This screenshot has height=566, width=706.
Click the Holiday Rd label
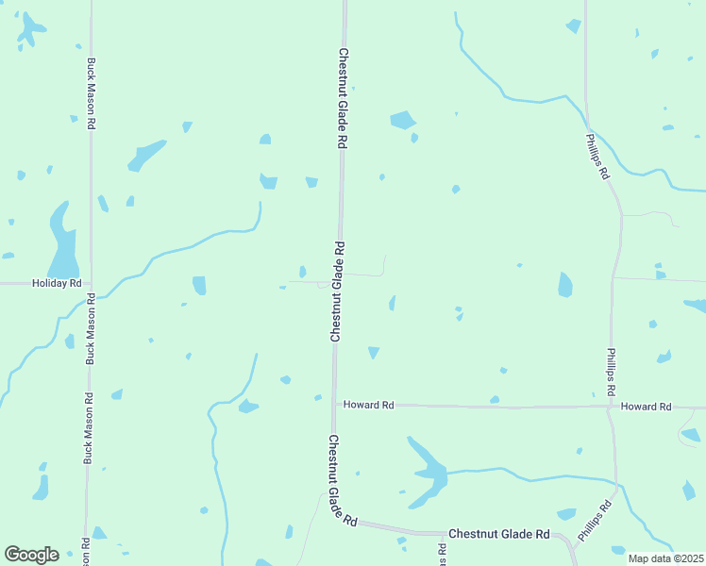click(57, 283)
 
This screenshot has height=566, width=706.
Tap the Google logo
click(31, 555)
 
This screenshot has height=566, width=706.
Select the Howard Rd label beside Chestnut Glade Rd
click(368, 405)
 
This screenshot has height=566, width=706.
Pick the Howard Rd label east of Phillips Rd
click(646, 407)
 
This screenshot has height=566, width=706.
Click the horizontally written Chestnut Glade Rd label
click(498, 534)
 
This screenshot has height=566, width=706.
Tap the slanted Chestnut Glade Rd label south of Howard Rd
click(342, 480)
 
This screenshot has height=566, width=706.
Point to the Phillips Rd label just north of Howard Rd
click(612, 371)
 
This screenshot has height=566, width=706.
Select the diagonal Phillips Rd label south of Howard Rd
click(596, 520)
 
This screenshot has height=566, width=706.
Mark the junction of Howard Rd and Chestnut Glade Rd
click(334, 404)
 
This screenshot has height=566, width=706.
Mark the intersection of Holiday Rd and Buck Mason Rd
click(91, 283)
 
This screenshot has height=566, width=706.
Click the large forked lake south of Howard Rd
click(429, 468)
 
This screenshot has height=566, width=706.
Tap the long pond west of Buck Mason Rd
click(62, 243)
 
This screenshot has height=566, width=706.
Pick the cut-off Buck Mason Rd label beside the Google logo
click(86, 551)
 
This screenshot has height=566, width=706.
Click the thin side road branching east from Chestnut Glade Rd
click(363, 275)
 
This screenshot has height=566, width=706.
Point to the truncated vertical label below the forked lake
click(441, 551)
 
